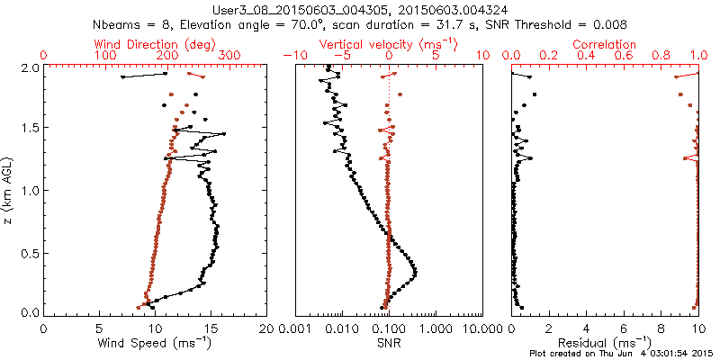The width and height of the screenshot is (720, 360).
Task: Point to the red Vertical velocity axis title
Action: tap(389, 44)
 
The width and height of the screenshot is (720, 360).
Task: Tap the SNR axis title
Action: tap(389, 342)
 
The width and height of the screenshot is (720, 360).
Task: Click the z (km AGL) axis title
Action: tap(8, 189)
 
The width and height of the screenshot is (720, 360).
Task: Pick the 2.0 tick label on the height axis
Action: tap(29, 67)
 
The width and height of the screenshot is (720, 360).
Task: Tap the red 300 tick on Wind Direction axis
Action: tap(229, 56)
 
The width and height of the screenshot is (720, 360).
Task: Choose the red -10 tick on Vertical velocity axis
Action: tap(292, 56)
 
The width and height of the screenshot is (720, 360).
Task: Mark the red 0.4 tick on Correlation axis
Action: tap(587, 56)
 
